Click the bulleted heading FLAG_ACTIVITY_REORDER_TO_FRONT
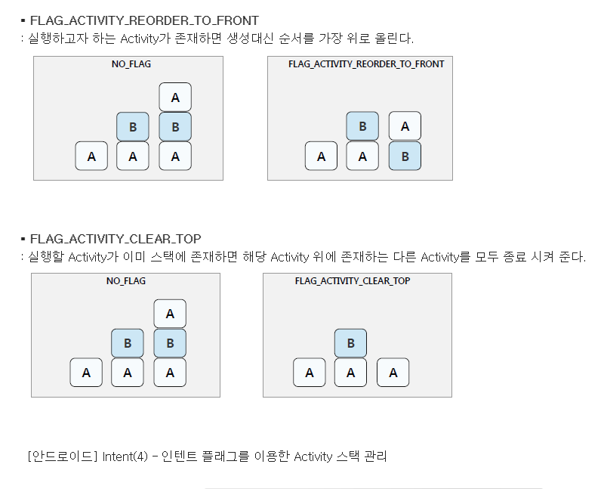pyautogui.click(x=144, y=20)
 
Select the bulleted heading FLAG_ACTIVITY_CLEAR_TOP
pyautogui.click(x=116, y=239)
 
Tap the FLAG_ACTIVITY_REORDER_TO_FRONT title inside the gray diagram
pyautogui.click(x=366, y=64)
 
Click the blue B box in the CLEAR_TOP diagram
pyautogui.click(x=350, y=343)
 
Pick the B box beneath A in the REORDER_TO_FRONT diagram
pyautogui.click(x=405, y=156)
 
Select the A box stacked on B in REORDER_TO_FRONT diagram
pyautogui.click(x=405, y=126)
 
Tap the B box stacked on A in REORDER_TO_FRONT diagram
pyautogui.click(x=362, y=126)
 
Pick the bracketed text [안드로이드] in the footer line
pyautogui.click(x=62, y=456)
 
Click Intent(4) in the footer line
pyautogui.click(x=125, y=456)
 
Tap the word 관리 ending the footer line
pyautogui.click(x=374, y=456)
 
